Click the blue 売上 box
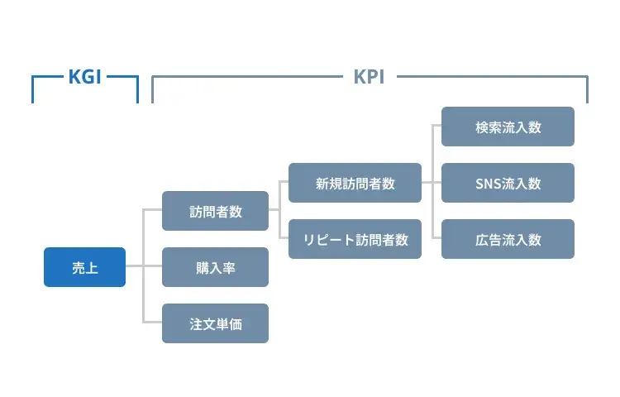coord(84,267)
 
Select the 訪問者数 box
coord(215,211)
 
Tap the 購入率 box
coord(215,267)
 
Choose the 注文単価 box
coord(215,323)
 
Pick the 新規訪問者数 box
coord(355,183)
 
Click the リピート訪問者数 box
coord(355,239)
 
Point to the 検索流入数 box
coord(508,127)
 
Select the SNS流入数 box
coord(508,183)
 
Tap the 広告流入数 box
coord(508,239)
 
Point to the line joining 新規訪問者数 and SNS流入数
coord(432,183)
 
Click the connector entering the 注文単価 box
coord(153,323)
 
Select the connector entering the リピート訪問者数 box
coord(284,239)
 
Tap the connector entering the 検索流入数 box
coord(436,127)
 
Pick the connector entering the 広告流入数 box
coord(436,239)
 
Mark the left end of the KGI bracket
coord(32,89)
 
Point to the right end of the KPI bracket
coord(588,89)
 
